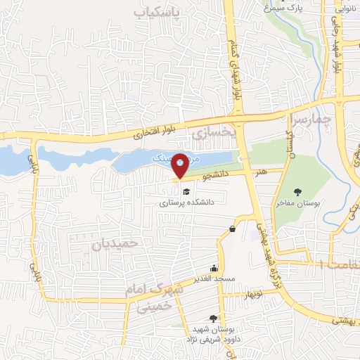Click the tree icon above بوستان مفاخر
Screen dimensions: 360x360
coord(298,191)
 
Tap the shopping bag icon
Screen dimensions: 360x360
coord(232,229)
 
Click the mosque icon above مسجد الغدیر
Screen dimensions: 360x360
coord(214,268)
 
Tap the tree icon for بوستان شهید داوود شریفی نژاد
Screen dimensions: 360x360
coord(213,319)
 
